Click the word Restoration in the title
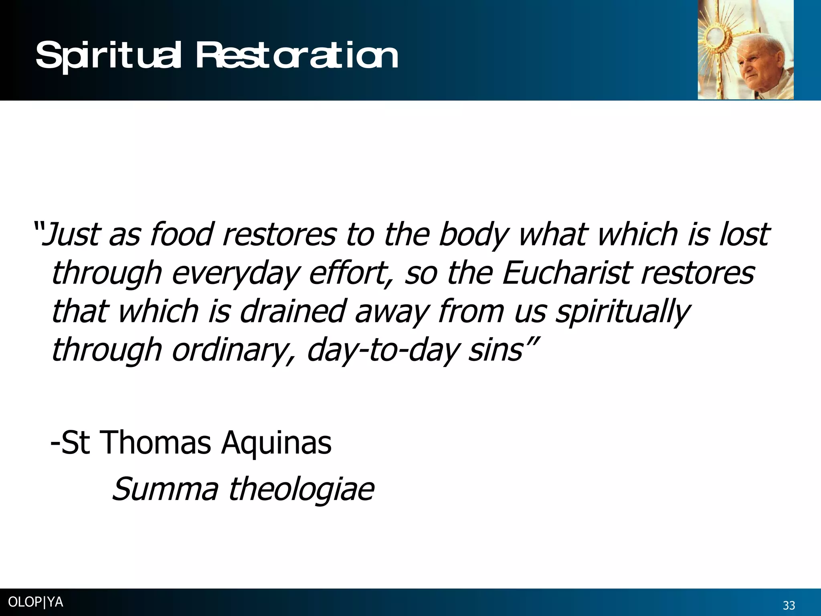pyautogui.click(x=297, y=56)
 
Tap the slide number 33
pyautogui.click(x=789, y=605)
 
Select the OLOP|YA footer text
pyautogui.click(x=35, y=602)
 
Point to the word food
pyautogui.click(x=181, y=235)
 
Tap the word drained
pyautogui.click(x=292, y=312)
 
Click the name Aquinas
pyautogui.click(x=277, y=444)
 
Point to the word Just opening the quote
pyautogui.click(x=70, y=235)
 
